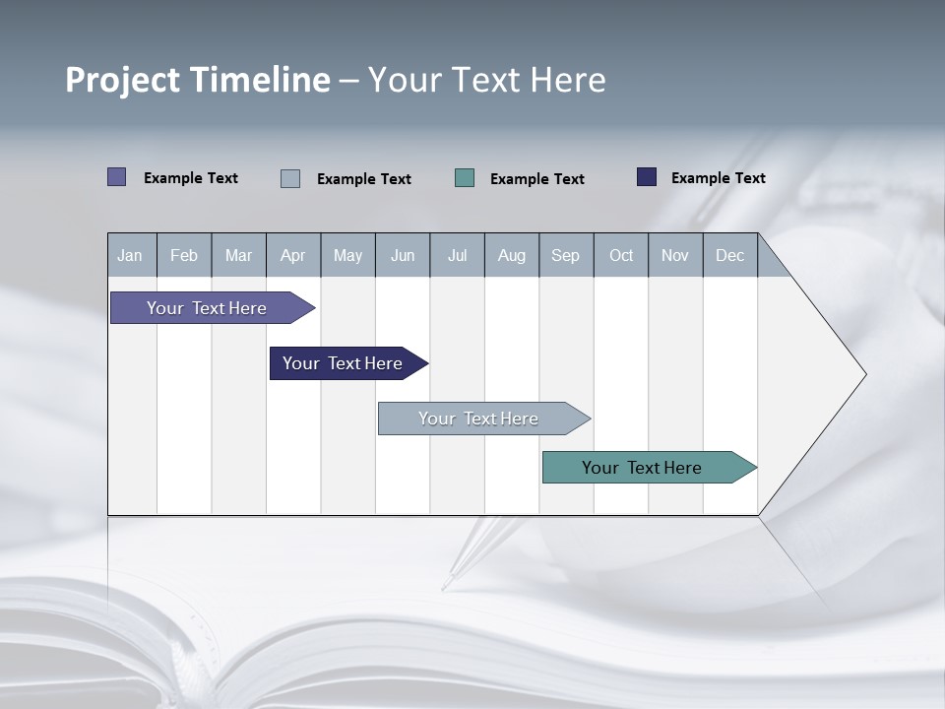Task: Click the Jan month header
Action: pyautogui.click(x=130, y=255)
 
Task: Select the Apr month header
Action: pyautogui.click(x=292, y=255)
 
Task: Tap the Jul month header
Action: pyautogui.click(x=457, y=255)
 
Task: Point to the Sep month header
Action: pyautogui.click(x=565, y=255)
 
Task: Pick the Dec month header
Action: pyautogui.click(x=729, y=255)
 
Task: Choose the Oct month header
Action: pyautogui.click(x=620, y=255)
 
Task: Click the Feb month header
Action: pyautogui.click(x=184, y=255)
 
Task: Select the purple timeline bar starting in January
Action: pyautogui.click(x=207, y=308)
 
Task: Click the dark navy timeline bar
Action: pyautogui.click(x=343, y=363)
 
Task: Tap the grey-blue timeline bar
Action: pyautogui.click(x=478, y=419)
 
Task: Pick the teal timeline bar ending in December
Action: pyautogui.click(x=642, y=468)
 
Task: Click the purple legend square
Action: pyautogui.click(x=117, y=177)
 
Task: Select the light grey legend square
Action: pyautogui.click(x=290, y=178)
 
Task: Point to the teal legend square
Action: pyautogui.click(x=465, y=177)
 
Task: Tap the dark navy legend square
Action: pyautogui.click(x=647, y=177)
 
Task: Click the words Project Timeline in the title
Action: pyautogui.click(x=198, y=80)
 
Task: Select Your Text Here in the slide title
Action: pyautogui.click(x=486, y=80)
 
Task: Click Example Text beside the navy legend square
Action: pyautogui.click(x=718, y=178)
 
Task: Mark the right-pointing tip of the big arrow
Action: pyautogui.click(x=864, y=374)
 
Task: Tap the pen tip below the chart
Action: pyautogui.click(x=445, y=586)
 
